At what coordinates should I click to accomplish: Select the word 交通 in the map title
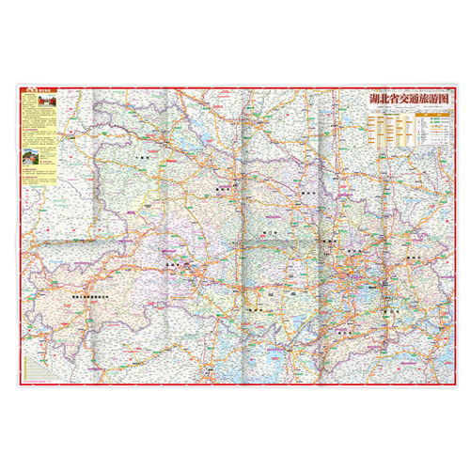[x=406, y=98]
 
